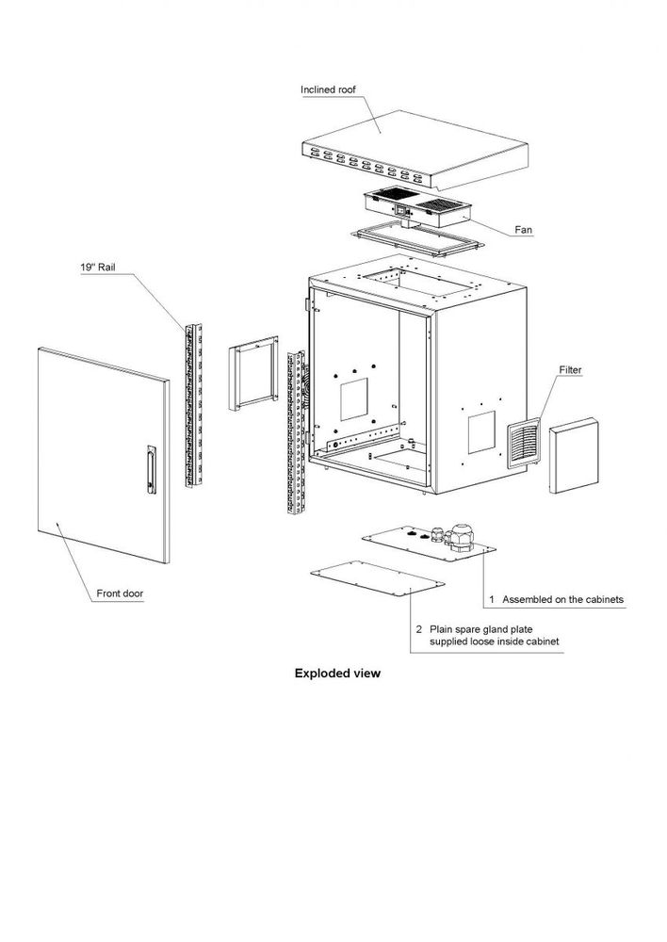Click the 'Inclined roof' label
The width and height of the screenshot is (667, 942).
329,90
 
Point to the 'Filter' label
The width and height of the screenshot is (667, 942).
572,369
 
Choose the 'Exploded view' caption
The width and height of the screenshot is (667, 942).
337,674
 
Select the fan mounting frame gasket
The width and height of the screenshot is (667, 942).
415,242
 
